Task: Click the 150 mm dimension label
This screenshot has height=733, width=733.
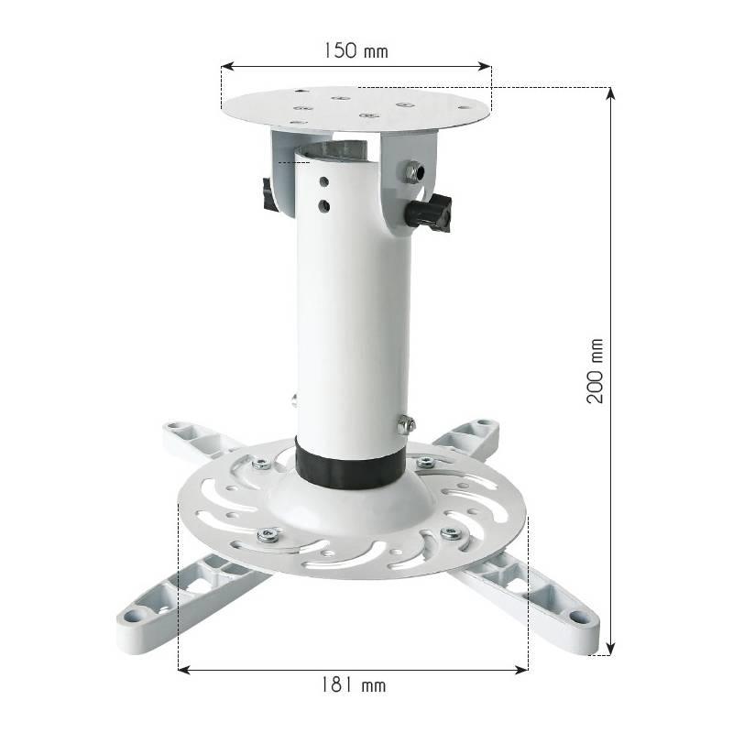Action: point(355,50)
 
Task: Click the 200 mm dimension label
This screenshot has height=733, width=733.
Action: point(596,371)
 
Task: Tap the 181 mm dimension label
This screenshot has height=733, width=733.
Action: point(353,684)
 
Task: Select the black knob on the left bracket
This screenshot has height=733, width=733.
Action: point(269,195)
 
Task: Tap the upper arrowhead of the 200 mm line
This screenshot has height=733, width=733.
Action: point(610,93)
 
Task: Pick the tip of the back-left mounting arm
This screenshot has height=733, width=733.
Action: point(175,429)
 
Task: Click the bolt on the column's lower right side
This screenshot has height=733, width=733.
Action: point(406,424)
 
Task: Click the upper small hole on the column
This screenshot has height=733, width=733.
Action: point(323,182)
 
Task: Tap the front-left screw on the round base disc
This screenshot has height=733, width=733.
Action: point(268,534)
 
